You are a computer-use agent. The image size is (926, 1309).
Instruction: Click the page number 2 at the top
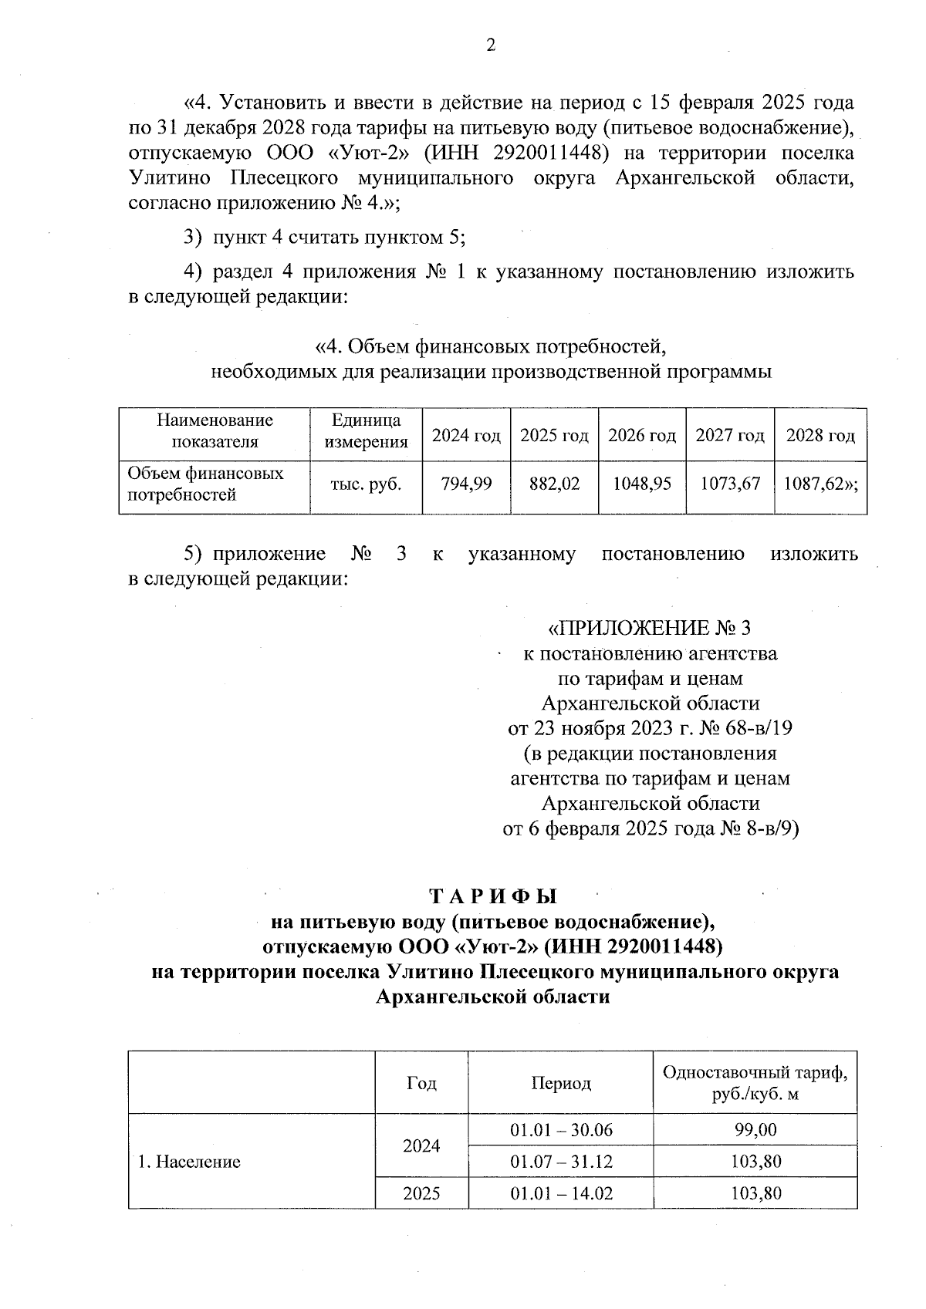click(x=489, y=46)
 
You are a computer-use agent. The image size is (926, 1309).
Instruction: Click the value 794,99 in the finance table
click(x=466, y=484)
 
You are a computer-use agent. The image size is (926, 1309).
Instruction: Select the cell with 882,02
click(x=554, y=484)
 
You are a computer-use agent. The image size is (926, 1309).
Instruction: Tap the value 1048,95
click(x=642, y=484)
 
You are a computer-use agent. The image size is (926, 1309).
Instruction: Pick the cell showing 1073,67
click(x=730, y=484)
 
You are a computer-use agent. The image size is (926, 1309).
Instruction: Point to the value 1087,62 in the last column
click(x=818, y=484)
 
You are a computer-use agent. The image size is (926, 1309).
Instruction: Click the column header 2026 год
click(x=642, y=436)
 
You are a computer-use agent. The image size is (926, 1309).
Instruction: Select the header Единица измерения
click(x=366, y=431)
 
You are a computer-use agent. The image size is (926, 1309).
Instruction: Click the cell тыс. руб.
click(x=366, y=484)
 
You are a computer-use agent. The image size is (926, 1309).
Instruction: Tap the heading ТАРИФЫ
click(x=492, y=897)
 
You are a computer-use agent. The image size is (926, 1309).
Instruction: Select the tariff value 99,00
click(x=755, y=1130)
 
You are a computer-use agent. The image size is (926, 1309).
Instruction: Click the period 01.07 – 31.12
click(x=561, y=1162)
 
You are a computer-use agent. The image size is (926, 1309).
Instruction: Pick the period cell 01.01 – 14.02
click(x=561, y=1193)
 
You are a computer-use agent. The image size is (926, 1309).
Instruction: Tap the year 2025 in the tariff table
click(x=421, y=1193)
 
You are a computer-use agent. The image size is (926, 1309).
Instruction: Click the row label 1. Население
click(x=189, y=1162)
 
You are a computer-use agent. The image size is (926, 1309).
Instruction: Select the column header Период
click(x=561, y=1083)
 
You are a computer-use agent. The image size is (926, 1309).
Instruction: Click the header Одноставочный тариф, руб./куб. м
click(x=755, y=1083)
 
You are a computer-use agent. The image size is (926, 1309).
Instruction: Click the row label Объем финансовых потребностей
click(x=205, y=484)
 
